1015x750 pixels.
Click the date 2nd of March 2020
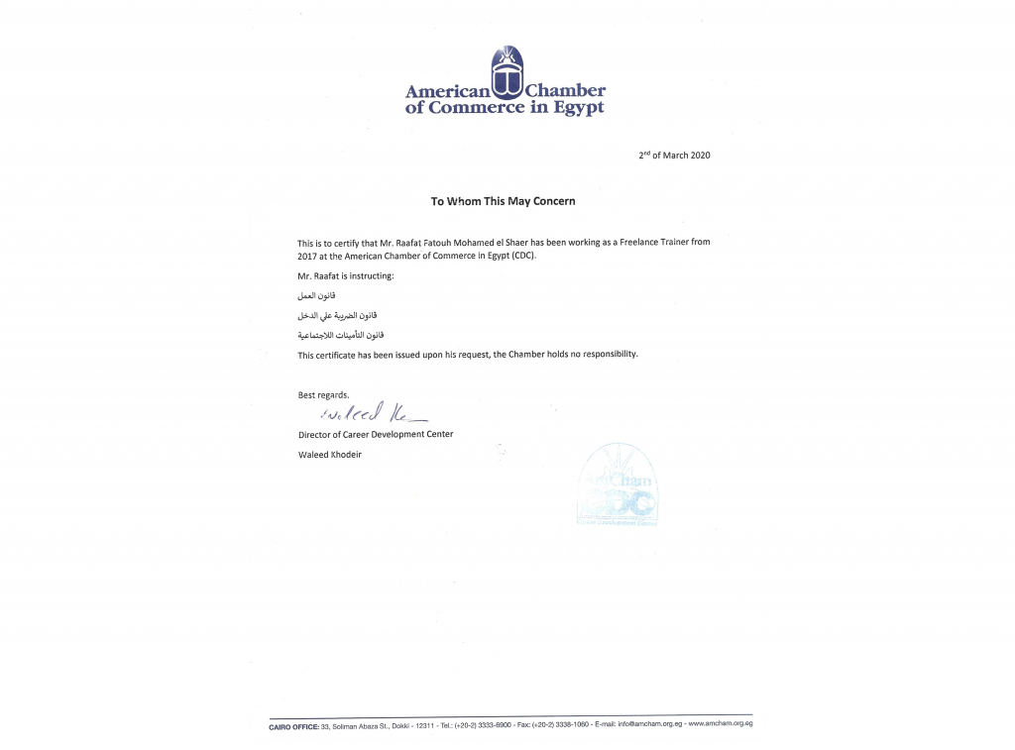pos(674,155)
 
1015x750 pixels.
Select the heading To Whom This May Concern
pos(503,201)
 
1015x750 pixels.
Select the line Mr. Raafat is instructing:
pos(346,275)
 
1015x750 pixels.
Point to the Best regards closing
pos(324,395)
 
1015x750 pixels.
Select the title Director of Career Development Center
pos(376,434)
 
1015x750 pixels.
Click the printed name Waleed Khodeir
pos(330,454)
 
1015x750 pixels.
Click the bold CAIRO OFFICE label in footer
pos(293,726)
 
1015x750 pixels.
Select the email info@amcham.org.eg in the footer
pos(649,725)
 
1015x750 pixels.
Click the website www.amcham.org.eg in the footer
pos(721,725)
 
